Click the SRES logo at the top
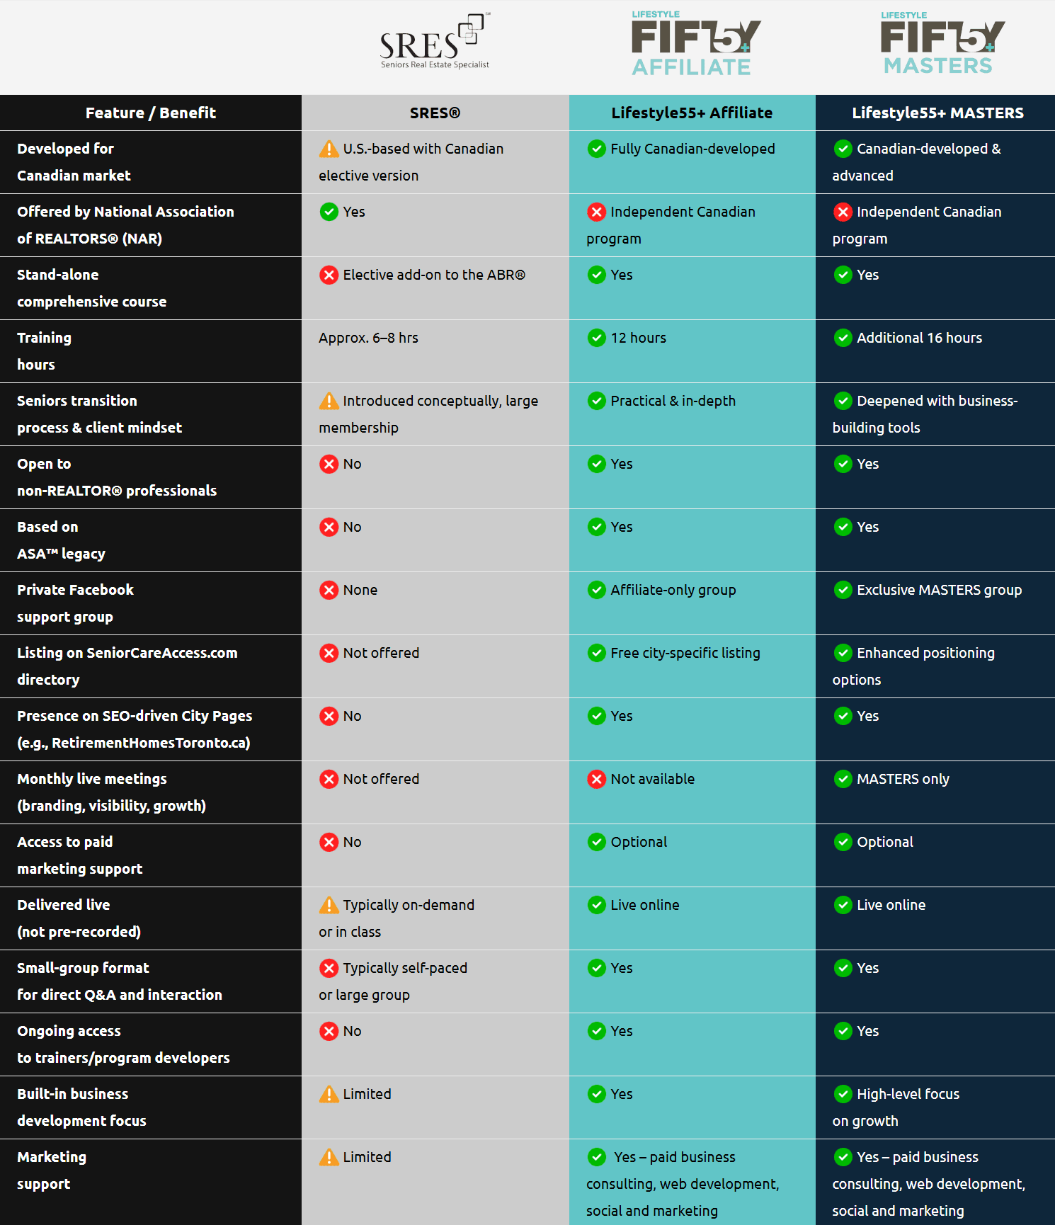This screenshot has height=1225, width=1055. (x=435, y=42)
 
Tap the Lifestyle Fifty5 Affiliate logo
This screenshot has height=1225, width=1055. (x=695, y=45)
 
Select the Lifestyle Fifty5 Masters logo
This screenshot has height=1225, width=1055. (x=941, y=45)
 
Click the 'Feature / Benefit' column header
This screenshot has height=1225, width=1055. (x=150, y=113)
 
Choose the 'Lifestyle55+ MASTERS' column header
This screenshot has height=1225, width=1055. (x=937, y=113)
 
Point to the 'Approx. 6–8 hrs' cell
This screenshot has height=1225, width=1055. (x=368, y=338)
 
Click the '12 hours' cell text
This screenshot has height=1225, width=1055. (x=638, y=338)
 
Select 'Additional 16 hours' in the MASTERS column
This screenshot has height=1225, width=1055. (x=919, y=338)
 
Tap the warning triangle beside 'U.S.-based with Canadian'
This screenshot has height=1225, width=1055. (x=329, y=149)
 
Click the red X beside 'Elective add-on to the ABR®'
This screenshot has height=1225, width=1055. (x=329, y=275)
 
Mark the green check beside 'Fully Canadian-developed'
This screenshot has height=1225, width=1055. (x=597, y=149)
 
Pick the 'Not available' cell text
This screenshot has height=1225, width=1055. (x=652, y=779)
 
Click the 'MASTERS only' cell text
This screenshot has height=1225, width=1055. (x=903, y=779)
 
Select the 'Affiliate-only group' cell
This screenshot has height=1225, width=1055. (x=673, y=590)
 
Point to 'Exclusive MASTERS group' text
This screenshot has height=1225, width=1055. (x=939, y=590)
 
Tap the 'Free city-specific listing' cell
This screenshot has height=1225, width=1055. (x=685, y=653)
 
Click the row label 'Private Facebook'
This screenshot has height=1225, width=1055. (x=75, y=590)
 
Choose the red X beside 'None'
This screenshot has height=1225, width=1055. (x=329, y=590)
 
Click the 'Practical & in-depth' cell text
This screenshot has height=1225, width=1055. (x=673, y=401)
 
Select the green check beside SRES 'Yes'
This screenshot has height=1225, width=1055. (x=329, y=212)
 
